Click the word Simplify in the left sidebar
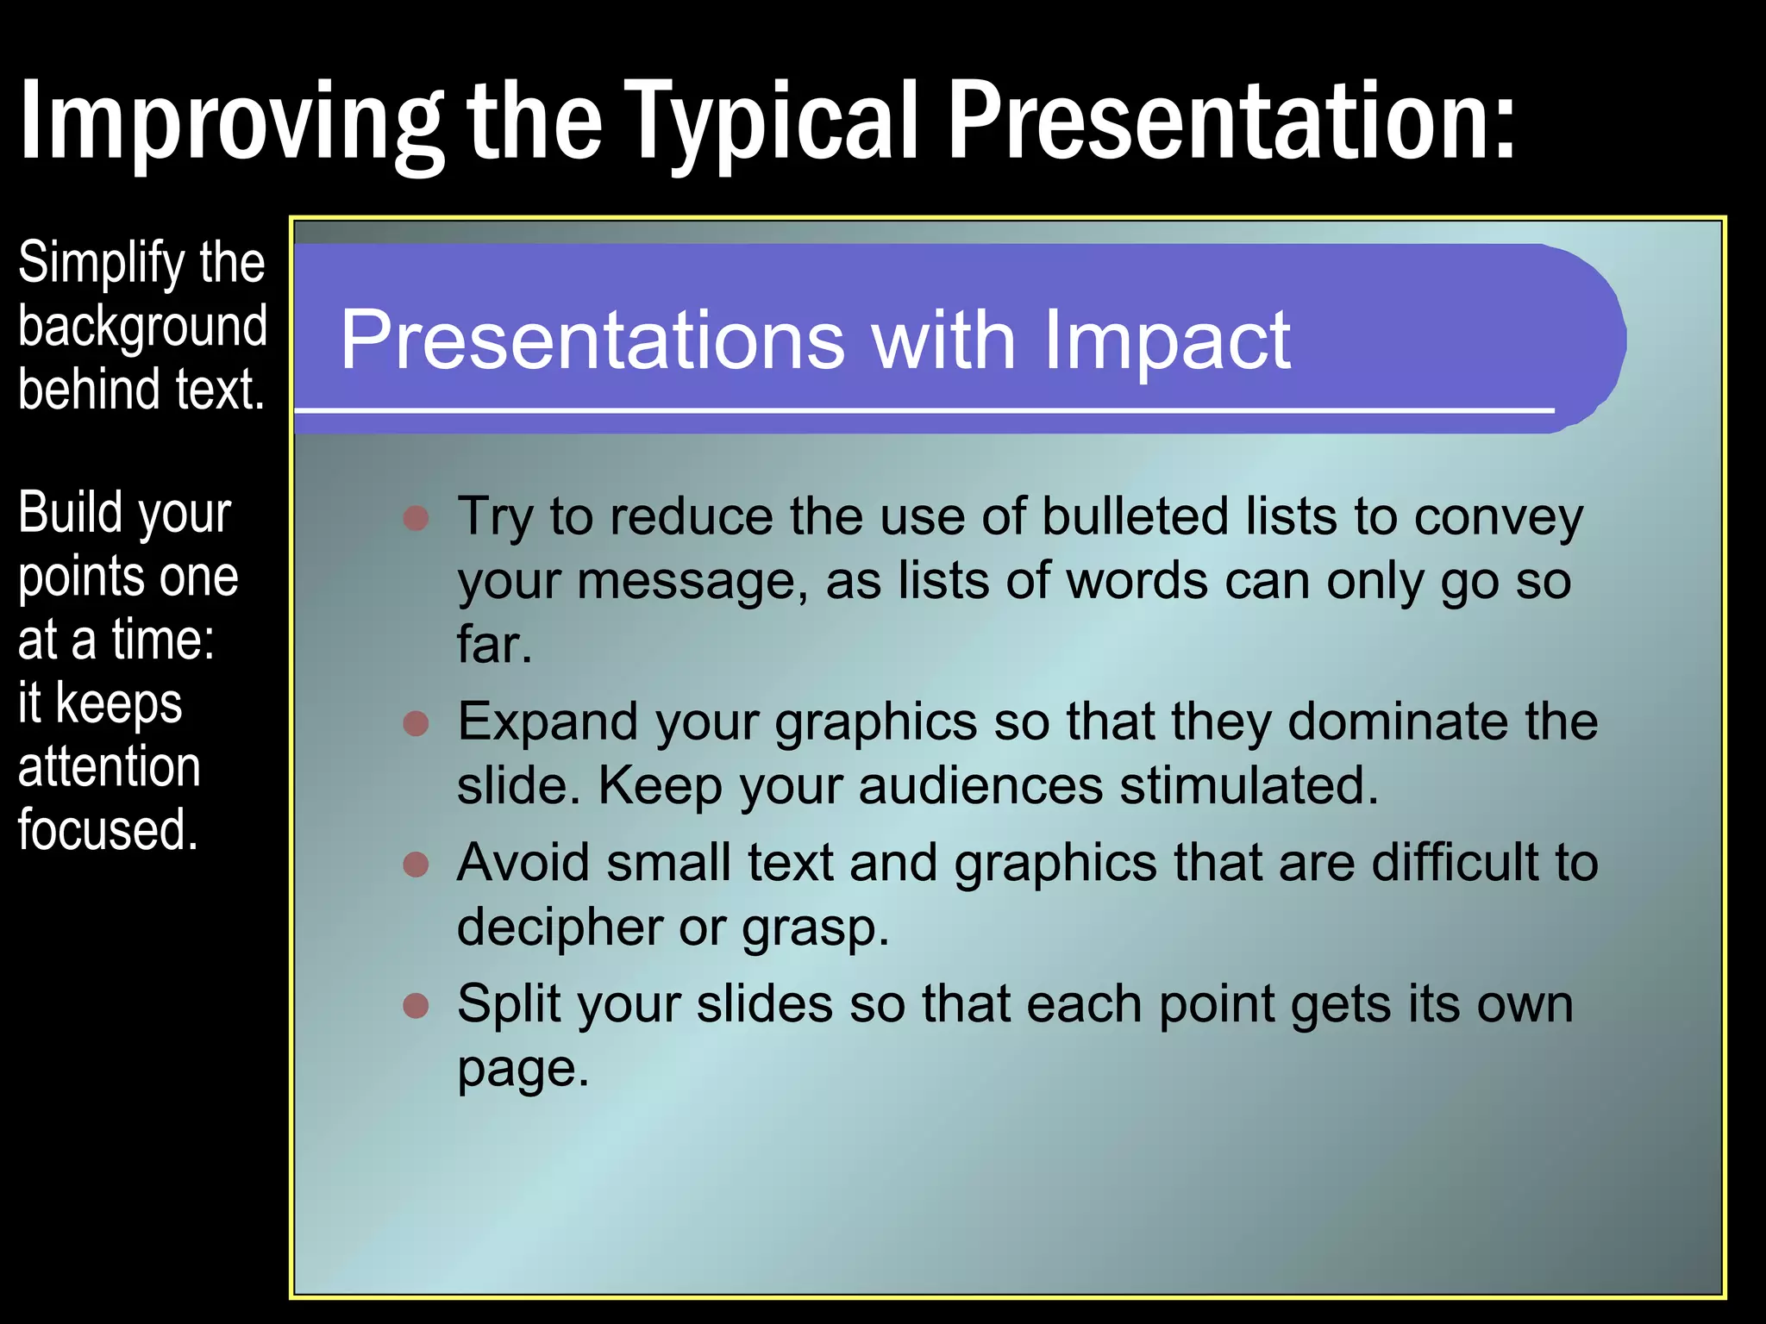(x=102, y=263)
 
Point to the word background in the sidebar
(x=142, y=328)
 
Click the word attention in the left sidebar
(x=110, y=767)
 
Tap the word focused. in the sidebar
(x=108, y=830)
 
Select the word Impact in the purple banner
(x=1167, y=341)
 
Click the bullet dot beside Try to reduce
(x=416, y=518)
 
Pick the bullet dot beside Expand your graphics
(x=416, y=723)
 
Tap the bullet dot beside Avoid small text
(x=416, y=865)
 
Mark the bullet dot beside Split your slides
(x=416, y=1005)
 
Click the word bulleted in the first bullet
(x=1135, y=517)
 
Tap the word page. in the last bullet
(x=523, y=1071)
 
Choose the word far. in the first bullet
(x=494, y=645)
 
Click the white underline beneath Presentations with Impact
(x=923, y=411)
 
